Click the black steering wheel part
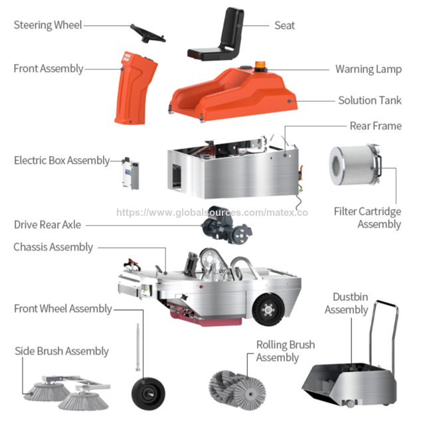click(147, 35)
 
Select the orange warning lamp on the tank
click(260, 66)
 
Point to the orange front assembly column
click(135, 88)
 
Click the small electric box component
click(131, 173)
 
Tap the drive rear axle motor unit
click(226, 224)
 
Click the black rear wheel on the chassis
click(268, 309)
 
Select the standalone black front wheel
click(148, 393)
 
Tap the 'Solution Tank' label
click(370, 100)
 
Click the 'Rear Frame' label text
click(376, 126)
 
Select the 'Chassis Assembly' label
click(53, 247)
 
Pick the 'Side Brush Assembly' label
click(62, 351)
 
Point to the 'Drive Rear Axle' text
click(47, 224)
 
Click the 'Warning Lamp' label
click(369, 69)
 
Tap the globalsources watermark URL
click(212, 212)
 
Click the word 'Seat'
click(285, 25)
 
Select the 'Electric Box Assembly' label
click(62, 161)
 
